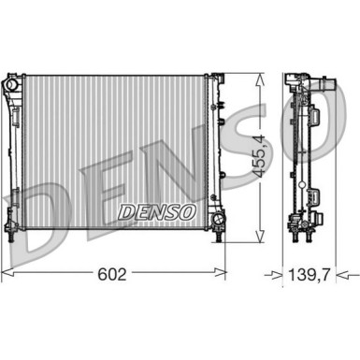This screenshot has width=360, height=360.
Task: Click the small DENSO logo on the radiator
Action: [156, 211]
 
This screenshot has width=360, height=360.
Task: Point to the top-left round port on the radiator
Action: [11, 85]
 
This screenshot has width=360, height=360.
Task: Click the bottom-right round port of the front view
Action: [217, 222]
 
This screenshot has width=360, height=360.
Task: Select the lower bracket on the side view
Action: [315, 200]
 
